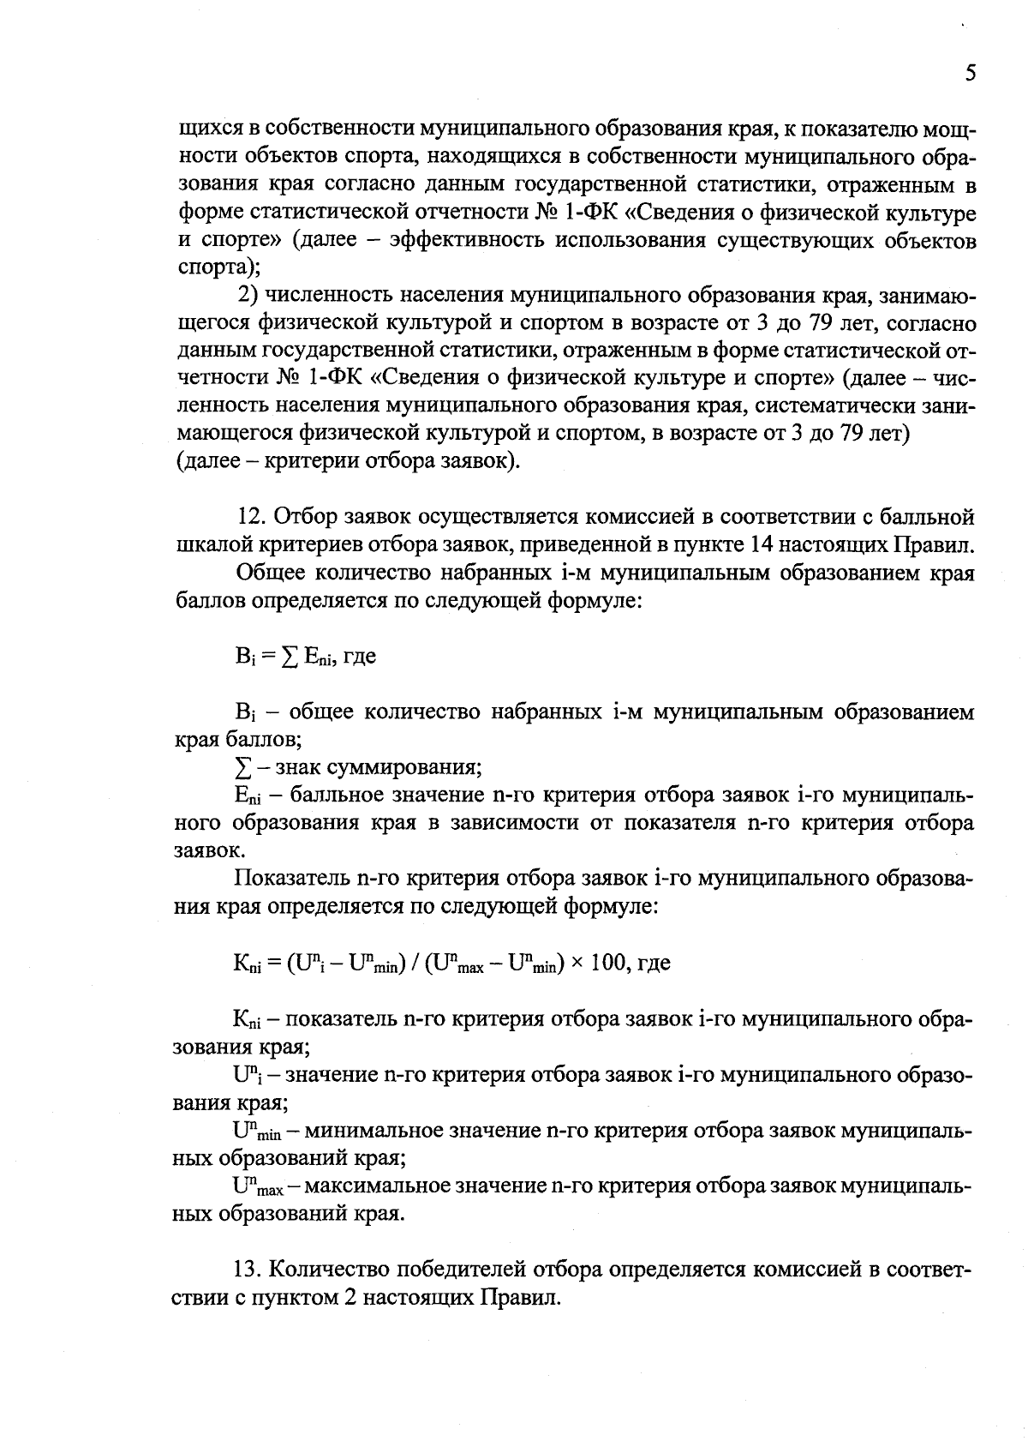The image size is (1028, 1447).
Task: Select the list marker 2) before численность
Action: tap(248, 296)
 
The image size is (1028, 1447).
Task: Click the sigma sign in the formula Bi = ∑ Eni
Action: tap(291, 657)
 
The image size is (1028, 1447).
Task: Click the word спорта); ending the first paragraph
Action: tap(218, 268)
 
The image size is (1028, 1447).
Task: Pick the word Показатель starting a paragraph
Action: tap(291, 879)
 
